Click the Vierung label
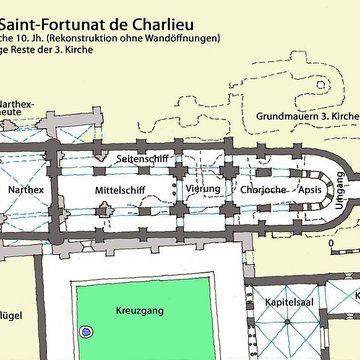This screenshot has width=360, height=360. (203, 188)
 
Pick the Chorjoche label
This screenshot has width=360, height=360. (265, 188)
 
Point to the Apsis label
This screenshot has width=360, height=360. (311, 188)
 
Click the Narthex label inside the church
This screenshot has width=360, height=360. (26, 188)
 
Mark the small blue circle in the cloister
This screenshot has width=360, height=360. (87, 331)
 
